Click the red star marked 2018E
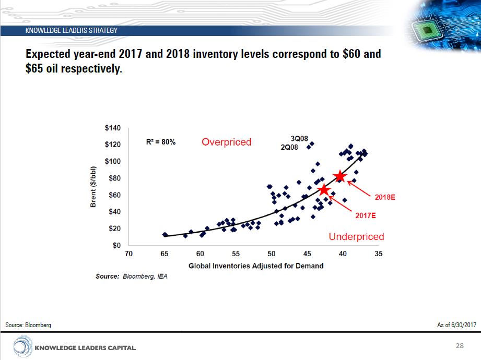coord(340,176)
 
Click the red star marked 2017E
coord(324,190)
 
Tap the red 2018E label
coord(385,198)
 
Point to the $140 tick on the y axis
coord(113,128)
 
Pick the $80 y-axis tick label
coord(115,178)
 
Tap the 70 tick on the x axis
coord(128,254)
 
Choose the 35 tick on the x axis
coord(379,254)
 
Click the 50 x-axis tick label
coord(272,254)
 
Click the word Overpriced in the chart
coord(227,142)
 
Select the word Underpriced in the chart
coord(356,237)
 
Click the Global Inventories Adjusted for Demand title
coord(256,266)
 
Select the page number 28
coord(460,346)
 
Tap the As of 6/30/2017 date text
coord(456,325)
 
